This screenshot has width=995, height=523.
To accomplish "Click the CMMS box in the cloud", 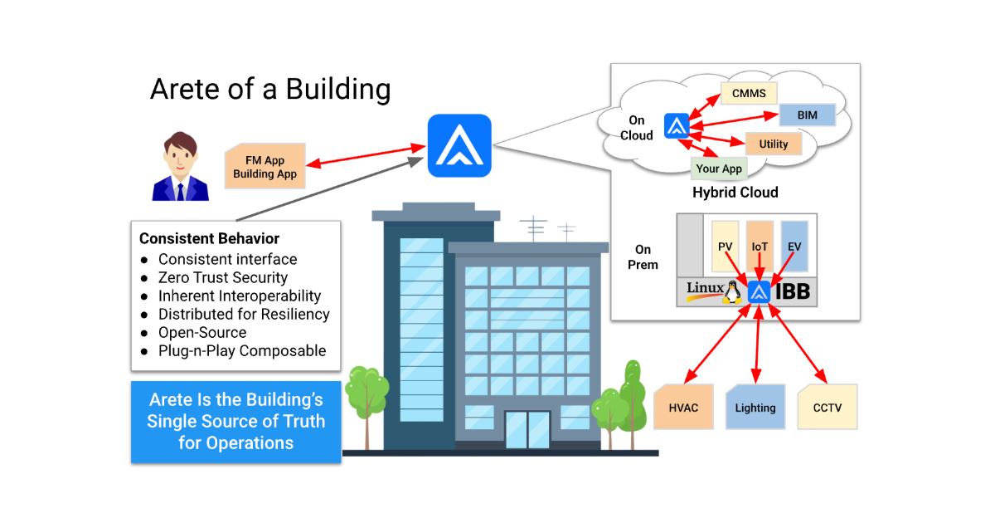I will point(748,93).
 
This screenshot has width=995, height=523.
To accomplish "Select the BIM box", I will point(807,115).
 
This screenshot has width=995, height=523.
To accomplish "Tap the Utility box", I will point(774,144).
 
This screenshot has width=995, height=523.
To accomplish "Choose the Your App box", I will point(719,169).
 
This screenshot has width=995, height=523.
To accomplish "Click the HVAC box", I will point(683,407).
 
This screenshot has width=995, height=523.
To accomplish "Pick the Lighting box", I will point(755,407).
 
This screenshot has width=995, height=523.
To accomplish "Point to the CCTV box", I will point(827,407).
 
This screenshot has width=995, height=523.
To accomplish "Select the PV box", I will point(725,247).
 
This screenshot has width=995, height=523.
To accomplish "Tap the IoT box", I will point(760,247).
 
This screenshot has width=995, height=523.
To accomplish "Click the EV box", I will point(794,247).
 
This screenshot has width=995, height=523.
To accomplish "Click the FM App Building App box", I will point(265,167).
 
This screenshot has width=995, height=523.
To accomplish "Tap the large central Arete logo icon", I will point(459,145).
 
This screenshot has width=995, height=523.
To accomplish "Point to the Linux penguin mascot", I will point(731,291).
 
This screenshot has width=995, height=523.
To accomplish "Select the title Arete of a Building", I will point(270,89).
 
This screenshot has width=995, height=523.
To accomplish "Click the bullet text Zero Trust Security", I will point(223,277).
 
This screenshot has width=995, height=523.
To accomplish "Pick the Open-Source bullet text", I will point(202,332).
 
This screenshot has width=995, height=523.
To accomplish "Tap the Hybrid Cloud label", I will point(735,193).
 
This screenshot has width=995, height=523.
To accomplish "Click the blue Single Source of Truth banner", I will point(236,421).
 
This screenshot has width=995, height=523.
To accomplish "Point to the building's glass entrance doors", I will point(527,428).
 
